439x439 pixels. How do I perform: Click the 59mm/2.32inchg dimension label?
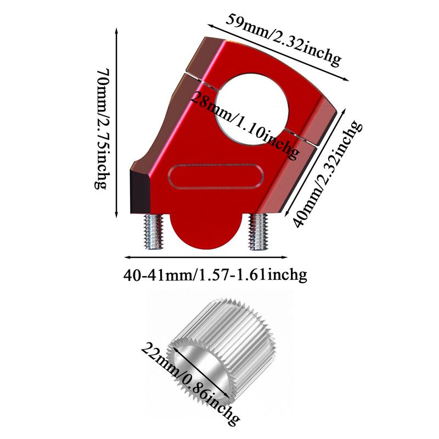point(283,40)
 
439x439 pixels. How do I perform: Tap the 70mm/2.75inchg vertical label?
point(102,129)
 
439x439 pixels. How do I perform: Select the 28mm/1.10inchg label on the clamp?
point(244,125)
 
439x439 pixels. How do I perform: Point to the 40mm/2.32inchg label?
point(327,174)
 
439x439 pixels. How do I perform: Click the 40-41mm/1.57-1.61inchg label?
point(215,275)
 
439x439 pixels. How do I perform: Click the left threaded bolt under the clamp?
point(153,232)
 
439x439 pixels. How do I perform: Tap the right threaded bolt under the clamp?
point(258,232)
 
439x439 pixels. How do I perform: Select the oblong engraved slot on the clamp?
point(216,177)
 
